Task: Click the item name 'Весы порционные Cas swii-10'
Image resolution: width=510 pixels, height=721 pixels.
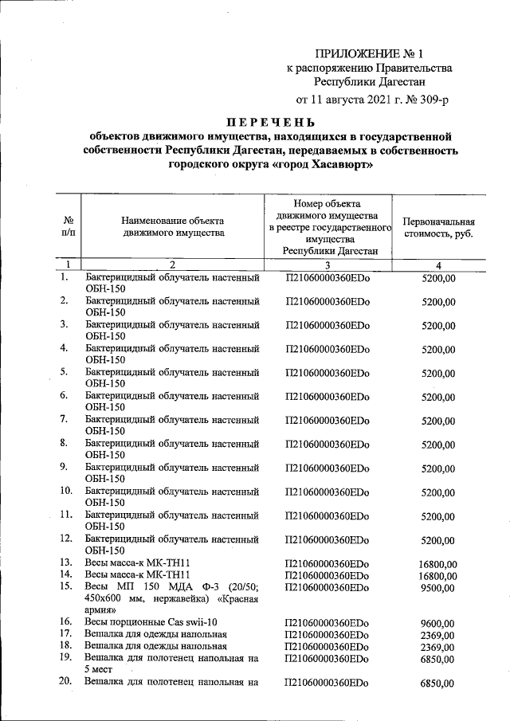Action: [151, 621]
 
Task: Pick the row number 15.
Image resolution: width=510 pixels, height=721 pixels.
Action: [66, 586]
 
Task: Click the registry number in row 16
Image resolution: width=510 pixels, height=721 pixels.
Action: [328, 621]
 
